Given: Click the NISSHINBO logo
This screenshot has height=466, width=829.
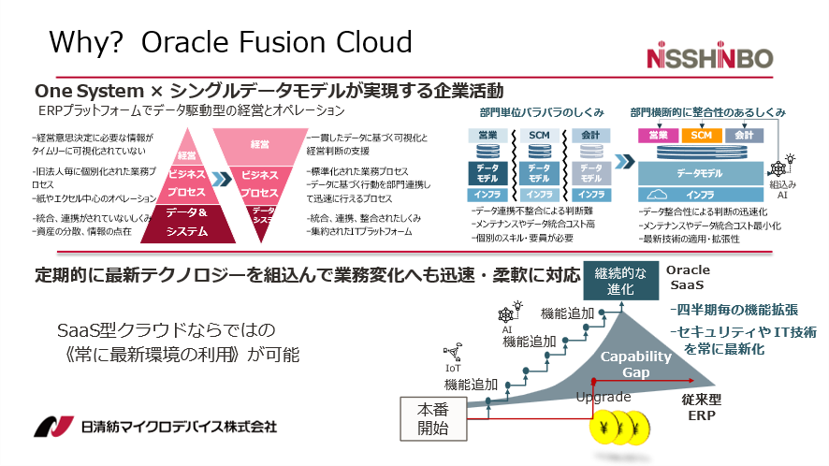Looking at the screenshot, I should [x=711, y=58].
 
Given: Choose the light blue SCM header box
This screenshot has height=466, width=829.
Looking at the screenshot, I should [x=539, y=137].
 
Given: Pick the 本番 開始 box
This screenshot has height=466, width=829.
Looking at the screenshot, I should [x=432, y=418].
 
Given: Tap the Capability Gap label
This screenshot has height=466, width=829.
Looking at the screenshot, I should [x=636, y=364].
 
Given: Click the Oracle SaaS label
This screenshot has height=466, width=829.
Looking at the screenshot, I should [x=690, y=277].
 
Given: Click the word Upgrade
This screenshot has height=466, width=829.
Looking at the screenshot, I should [x=604, y=397].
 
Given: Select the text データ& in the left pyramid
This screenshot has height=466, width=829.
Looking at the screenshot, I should [x=194, y=213].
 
